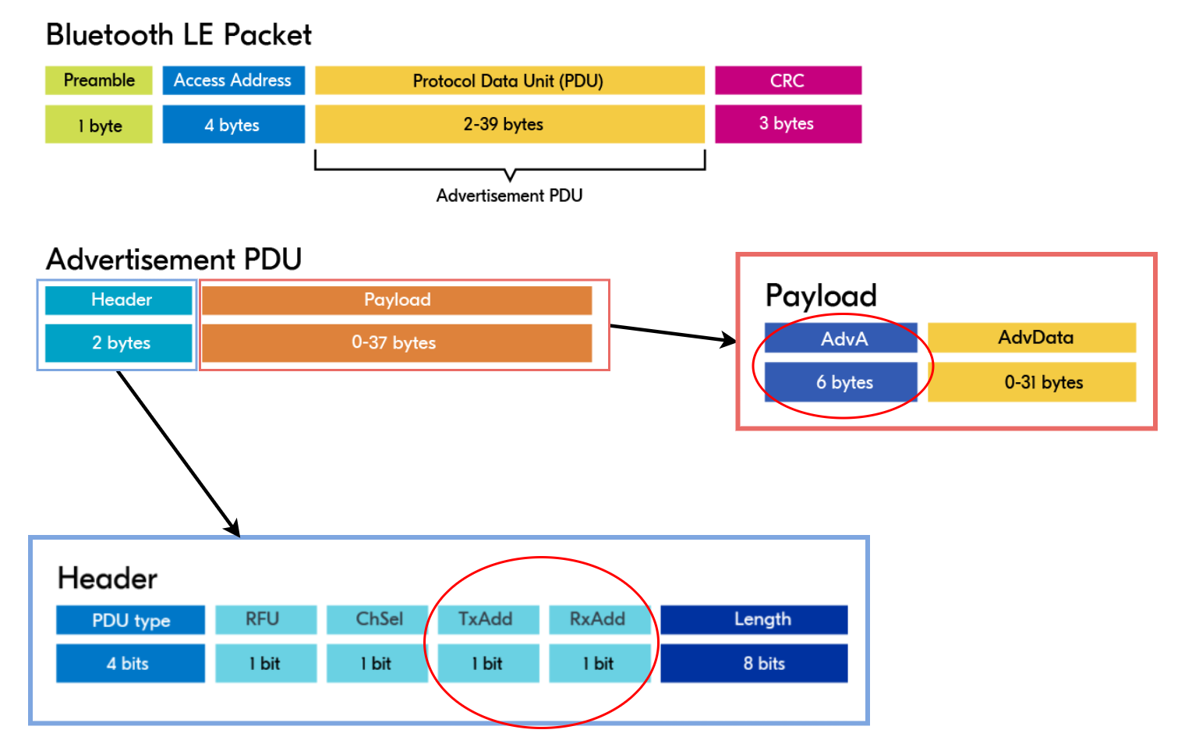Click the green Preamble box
click(x=99, y=80)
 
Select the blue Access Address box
click(x=233, y=80)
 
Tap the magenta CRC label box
click(x=787, y=80)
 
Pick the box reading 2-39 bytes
click(x=509, y=124)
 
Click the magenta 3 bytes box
click(x=787, y=124)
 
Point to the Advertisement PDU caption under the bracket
click(x=509, y=196)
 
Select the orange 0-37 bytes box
click(x=396, y=342)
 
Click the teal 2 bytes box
click(x=118, y=343)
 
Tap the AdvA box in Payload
click(x=840, y=338)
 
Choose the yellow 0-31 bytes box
click(x=1031, y=382)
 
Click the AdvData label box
click(x=1031, y=338)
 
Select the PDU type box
click(x=130, y=620)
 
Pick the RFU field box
click(x=266, y=619)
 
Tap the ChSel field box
click(x=377, y=619)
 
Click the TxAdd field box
click(x=488, y=619)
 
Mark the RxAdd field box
click(x=600, y=619)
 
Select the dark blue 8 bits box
click(x=754, y=664)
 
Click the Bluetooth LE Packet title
click(x=179, y=35)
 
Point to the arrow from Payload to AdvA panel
click(x=672, y=333)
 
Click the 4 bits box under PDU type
click(x=130, y=664)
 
